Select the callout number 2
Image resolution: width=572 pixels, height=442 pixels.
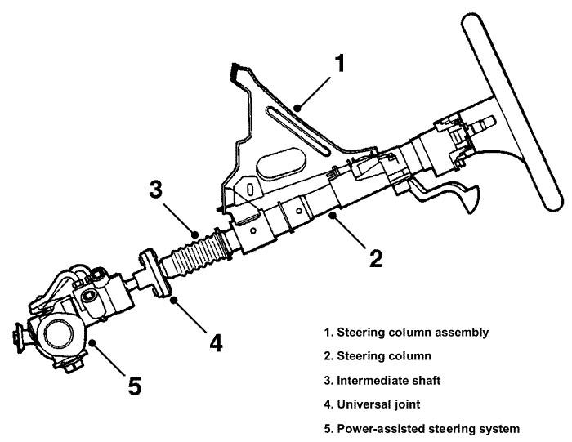click(376, 259)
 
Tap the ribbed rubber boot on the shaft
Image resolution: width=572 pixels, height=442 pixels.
click(196, 254)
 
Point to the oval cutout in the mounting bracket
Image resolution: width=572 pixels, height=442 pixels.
click(281, 159)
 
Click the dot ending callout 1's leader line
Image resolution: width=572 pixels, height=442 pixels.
click(300, 106)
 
